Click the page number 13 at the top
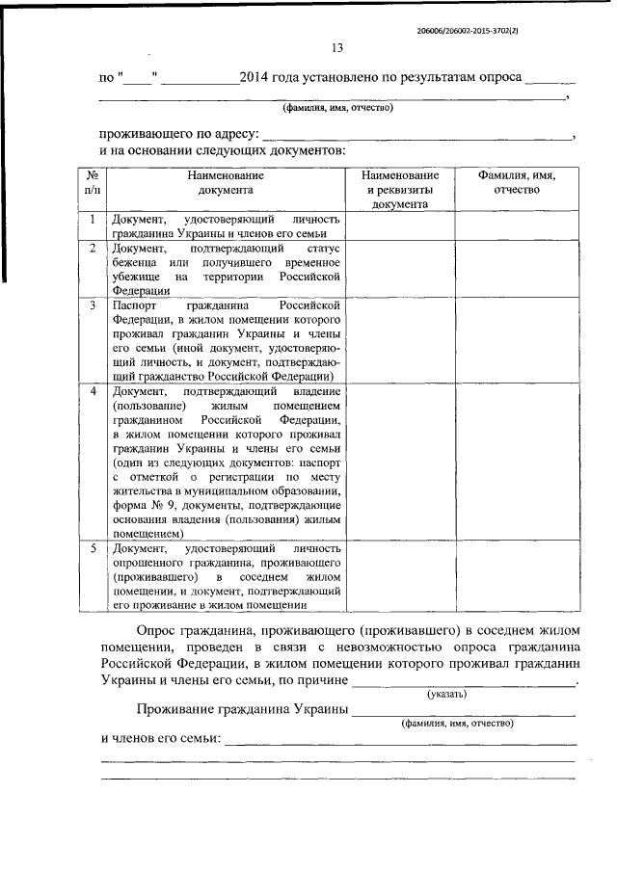coord(336,48)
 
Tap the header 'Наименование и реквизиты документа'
coord(400,190)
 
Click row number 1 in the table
coord(92,220)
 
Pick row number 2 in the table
coord(92,249)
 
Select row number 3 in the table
coord(92,305)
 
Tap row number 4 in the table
coord(92,392)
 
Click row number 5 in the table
coord(92,548)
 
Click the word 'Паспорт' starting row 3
coord(134,305)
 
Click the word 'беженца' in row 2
coord(136,263)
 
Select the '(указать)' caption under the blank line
coord(448,694)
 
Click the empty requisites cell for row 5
coord(400,575)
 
